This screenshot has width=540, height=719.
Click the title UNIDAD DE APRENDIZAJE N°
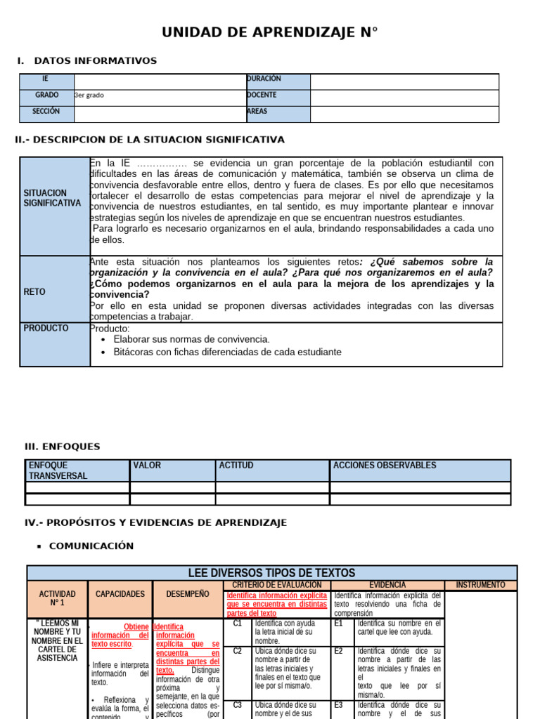[270, 32]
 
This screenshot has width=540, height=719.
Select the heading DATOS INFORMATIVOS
[96, 61]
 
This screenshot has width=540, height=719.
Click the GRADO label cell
[47, 95]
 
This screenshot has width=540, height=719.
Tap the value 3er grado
[89, 95]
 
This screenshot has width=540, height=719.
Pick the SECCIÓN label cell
[46, 111]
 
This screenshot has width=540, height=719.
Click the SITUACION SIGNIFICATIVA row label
[52, 197]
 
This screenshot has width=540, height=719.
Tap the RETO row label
[34, 291]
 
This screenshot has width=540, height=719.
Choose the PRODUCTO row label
[46, 328]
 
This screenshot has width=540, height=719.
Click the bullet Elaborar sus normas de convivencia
[191, 339]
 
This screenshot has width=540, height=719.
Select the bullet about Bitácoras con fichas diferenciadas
[227, 352]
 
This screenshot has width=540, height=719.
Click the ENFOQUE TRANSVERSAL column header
[58, 470]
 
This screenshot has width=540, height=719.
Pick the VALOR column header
[147, 466]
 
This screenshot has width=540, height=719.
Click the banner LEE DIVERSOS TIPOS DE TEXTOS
[271, 573]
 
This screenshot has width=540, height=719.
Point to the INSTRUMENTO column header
[480, 585]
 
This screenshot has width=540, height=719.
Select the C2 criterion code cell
[238, 651]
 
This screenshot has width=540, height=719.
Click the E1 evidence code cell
[339, 623]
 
